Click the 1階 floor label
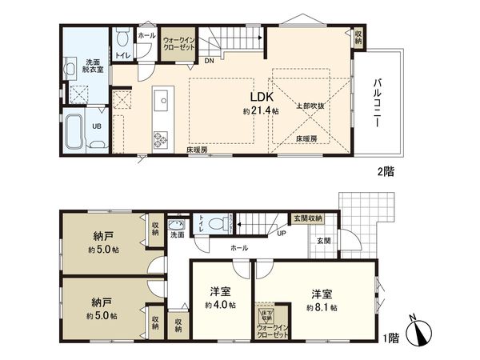click(390, 338)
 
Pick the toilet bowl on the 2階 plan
click(122, 38)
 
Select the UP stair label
click(281, 234)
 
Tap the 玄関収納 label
click(308, 218)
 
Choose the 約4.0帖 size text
click(219, 305)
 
